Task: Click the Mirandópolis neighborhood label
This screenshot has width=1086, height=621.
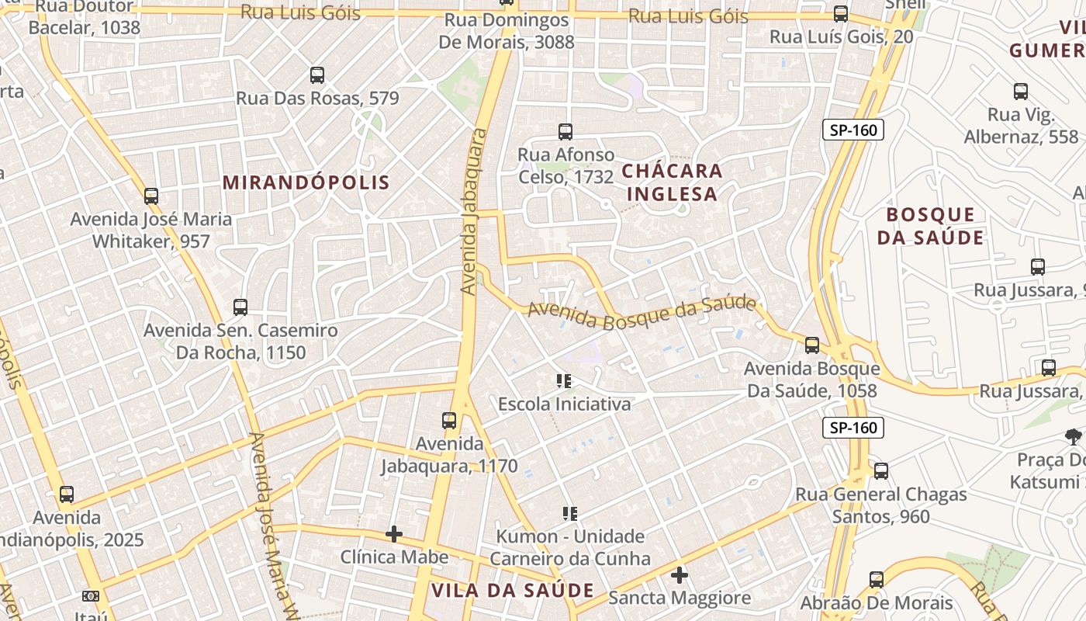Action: point(306,182)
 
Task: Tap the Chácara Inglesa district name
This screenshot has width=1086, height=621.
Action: point(673,182)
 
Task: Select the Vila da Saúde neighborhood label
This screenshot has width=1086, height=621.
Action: point(512,590)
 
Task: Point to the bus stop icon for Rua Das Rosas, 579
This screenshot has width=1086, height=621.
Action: point(317,75)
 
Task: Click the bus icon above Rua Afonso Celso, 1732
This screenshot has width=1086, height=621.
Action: point(565,132)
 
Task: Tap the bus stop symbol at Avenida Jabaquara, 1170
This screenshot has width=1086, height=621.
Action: point(449,421)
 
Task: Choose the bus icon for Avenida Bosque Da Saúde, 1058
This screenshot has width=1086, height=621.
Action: point(812,345)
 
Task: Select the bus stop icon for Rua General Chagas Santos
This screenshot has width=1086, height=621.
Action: point(881,471)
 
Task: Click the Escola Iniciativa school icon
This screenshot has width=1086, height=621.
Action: point(564,381)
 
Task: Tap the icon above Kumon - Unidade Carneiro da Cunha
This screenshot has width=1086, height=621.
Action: point(570,514)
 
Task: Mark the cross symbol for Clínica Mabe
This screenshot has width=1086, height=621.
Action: point(394,534)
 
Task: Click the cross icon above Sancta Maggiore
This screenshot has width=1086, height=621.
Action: point(680,575)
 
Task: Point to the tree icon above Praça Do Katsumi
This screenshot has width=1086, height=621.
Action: point(1074,437)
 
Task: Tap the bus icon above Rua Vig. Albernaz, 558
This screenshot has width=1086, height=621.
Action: point(1021,92)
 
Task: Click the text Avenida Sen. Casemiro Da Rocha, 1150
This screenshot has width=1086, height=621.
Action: point(240,342)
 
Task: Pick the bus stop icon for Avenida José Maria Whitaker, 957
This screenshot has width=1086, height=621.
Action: point(151,196)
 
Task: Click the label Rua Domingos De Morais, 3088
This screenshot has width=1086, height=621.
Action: point(507,31)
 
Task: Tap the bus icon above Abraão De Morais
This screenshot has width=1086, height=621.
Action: point(877,580)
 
